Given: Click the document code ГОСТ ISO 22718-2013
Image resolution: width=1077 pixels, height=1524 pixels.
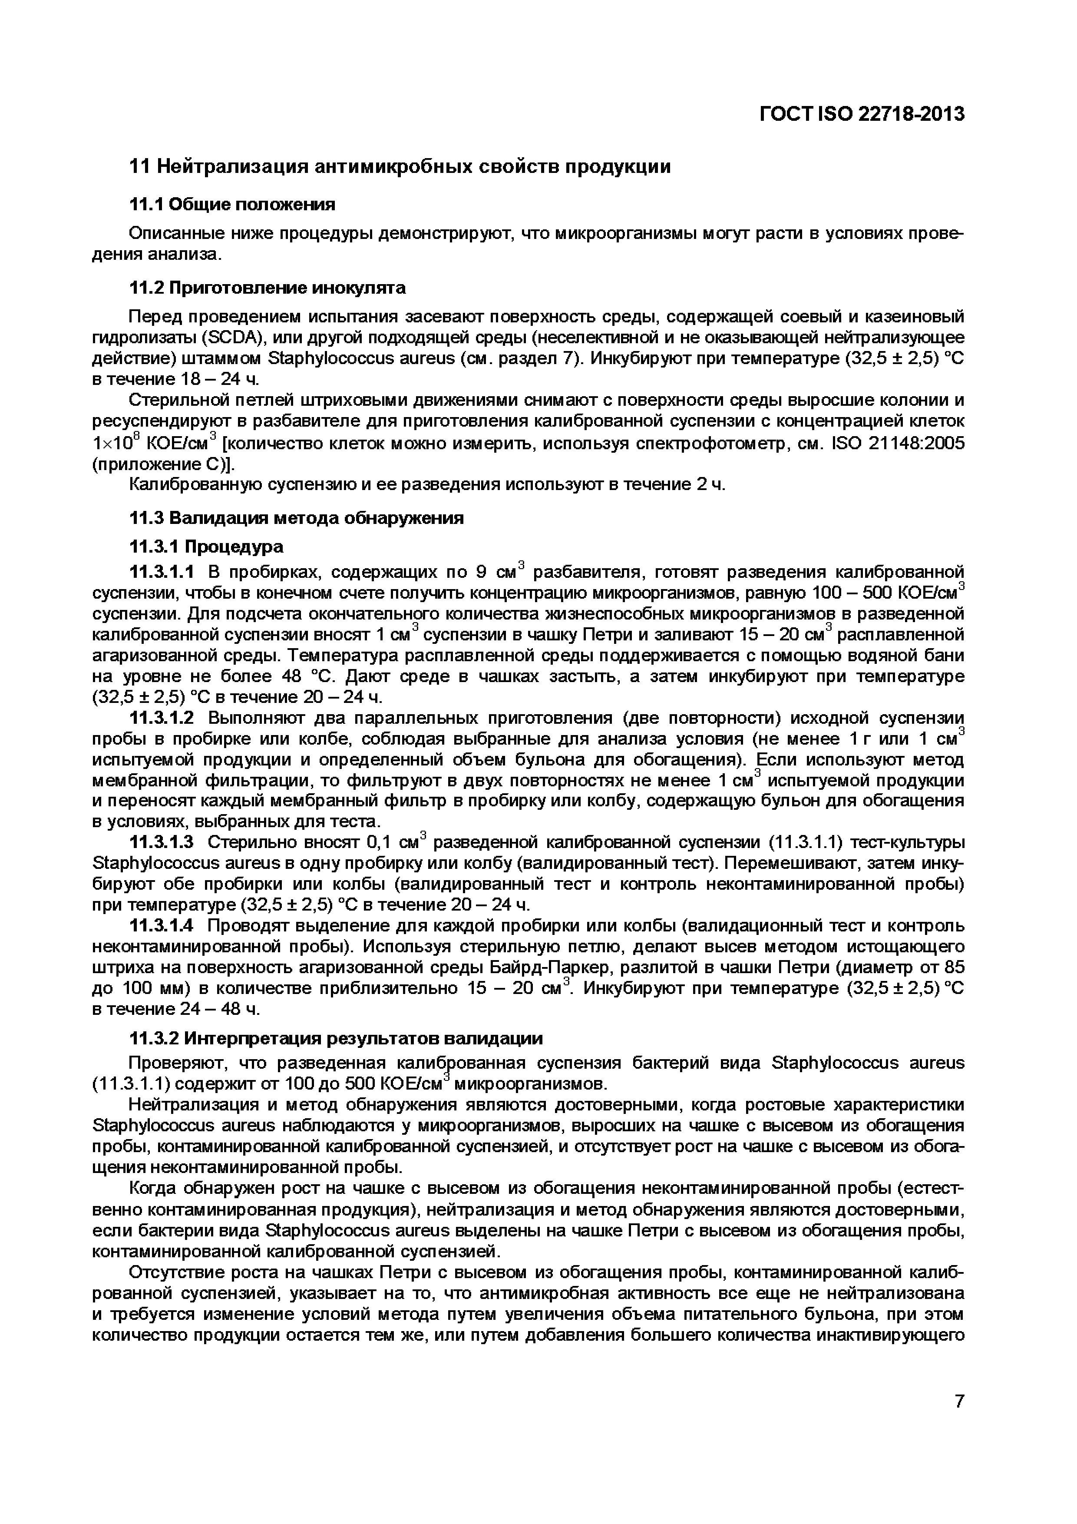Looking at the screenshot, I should [861, 115].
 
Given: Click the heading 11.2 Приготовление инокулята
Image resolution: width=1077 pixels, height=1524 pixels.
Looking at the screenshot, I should [267, 288].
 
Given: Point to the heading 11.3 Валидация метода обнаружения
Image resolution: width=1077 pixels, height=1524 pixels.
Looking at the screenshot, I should [296, 518].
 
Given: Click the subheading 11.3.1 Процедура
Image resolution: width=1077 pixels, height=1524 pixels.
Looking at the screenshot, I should [206, 547].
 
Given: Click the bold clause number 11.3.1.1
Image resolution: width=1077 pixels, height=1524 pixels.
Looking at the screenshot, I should [161, 572].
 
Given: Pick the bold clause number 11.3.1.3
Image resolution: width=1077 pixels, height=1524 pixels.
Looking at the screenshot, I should [161, 843].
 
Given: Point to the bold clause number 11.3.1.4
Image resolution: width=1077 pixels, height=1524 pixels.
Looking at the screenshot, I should [161, 926].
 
